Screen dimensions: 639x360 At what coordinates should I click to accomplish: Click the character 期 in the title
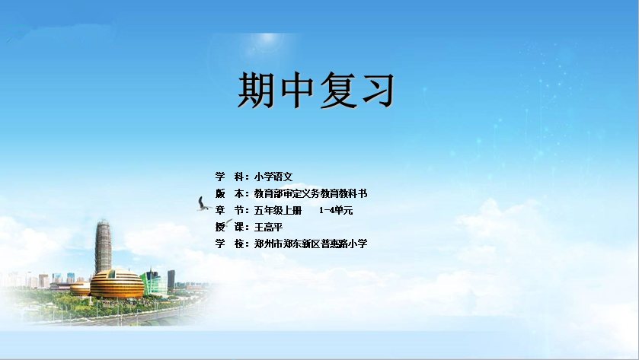[x=255, y=90]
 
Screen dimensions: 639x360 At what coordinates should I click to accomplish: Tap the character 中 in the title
[x=297, y=90]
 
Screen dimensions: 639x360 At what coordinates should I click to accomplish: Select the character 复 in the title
[x=337, y=90]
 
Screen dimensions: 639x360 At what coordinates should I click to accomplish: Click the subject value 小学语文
[x=273, y=177]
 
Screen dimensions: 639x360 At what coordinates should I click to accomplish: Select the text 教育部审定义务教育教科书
[x=311, y=193]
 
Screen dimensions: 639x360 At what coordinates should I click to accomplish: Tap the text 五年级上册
[x=278, y=210]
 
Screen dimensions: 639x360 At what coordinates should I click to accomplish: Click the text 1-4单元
[x=336, y=211]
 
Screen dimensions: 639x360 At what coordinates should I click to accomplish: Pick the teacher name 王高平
[x=269, y=227]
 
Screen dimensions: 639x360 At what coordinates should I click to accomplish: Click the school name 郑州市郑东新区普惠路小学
[x=311, y=244]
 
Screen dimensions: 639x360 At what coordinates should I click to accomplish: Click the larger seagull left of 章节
[x=203, y=205]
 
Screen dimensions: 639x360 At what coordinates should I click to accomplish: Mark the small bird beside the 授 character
[x=228, y=222]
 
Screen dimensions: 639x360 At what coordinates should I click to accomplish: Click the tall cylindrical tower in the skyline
[x=103, y=247]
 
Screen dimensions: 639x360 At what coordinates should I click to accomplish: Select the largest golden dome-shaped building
[x=117, y=283]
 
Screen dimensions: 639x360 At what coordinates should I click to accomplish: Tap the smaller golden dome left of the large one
[x=80, y=288]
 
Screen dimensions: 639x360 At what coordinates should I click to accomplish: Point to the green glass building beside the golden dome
[x=154, y=282]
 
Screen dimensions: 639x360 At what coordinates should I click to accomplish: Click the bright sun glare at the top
[x=267, y=38]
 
